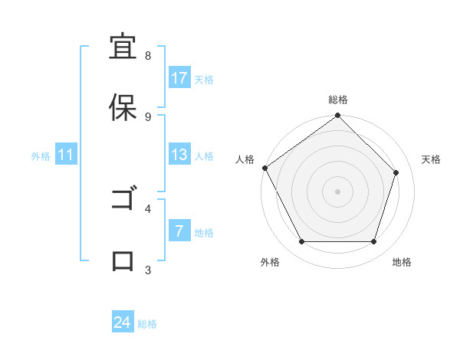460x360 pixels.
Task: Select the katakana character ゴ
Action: pyautogui.click(x=123, y=201)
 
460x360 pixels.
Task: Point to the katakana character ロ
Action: pyautogui.click(x=123, y=261)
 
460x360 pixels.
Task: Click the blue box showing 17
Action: pyautogui.click(x=179, y=78)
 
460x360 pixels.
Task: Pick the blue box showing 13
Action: pyautogui.click(x=179, y=155)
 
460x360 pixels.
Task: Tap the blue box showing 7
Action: pyautogui.click(x=179, y=231)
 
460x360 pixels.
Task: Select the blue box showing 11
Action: pyautogui.click(x=66, y=155)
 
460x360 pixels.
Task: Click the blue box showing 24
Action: pyautogui.click(x=123, y=322)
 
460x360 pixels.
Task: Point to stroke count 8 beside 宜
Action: pyautogui.click(x=147, y=56)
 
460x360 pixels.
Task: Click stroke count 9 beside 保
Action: pyautogui.click(x=147, y=116)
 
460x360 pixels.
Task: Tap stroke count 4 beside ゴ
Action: pyautogui.click(x=147, y=208)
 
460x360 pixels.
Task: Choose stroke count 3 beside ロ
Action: pyautogui.click(x=147, y=270)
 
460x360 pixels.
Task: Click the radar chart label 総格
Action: pyautogui.click(x=338, y=100)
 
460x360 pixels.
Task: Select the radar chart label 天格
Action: pyautogui.click(x=431, y=159)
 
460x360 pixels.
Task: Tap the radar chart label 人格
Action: pyautogui.click(x=245, y=159)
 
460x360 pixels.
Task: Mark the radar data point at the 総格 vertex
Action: pyautogui.click(x=338, y=116)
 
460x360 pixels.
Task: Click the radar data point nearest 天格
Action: pyautogui.click(x=396, y=172)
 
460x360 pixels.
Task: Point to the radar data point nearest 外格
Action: pyautogui.click(x=301, y=242)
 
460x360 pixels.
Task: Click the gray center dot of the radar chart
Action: pyautogui.click(x=338, y=191)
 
